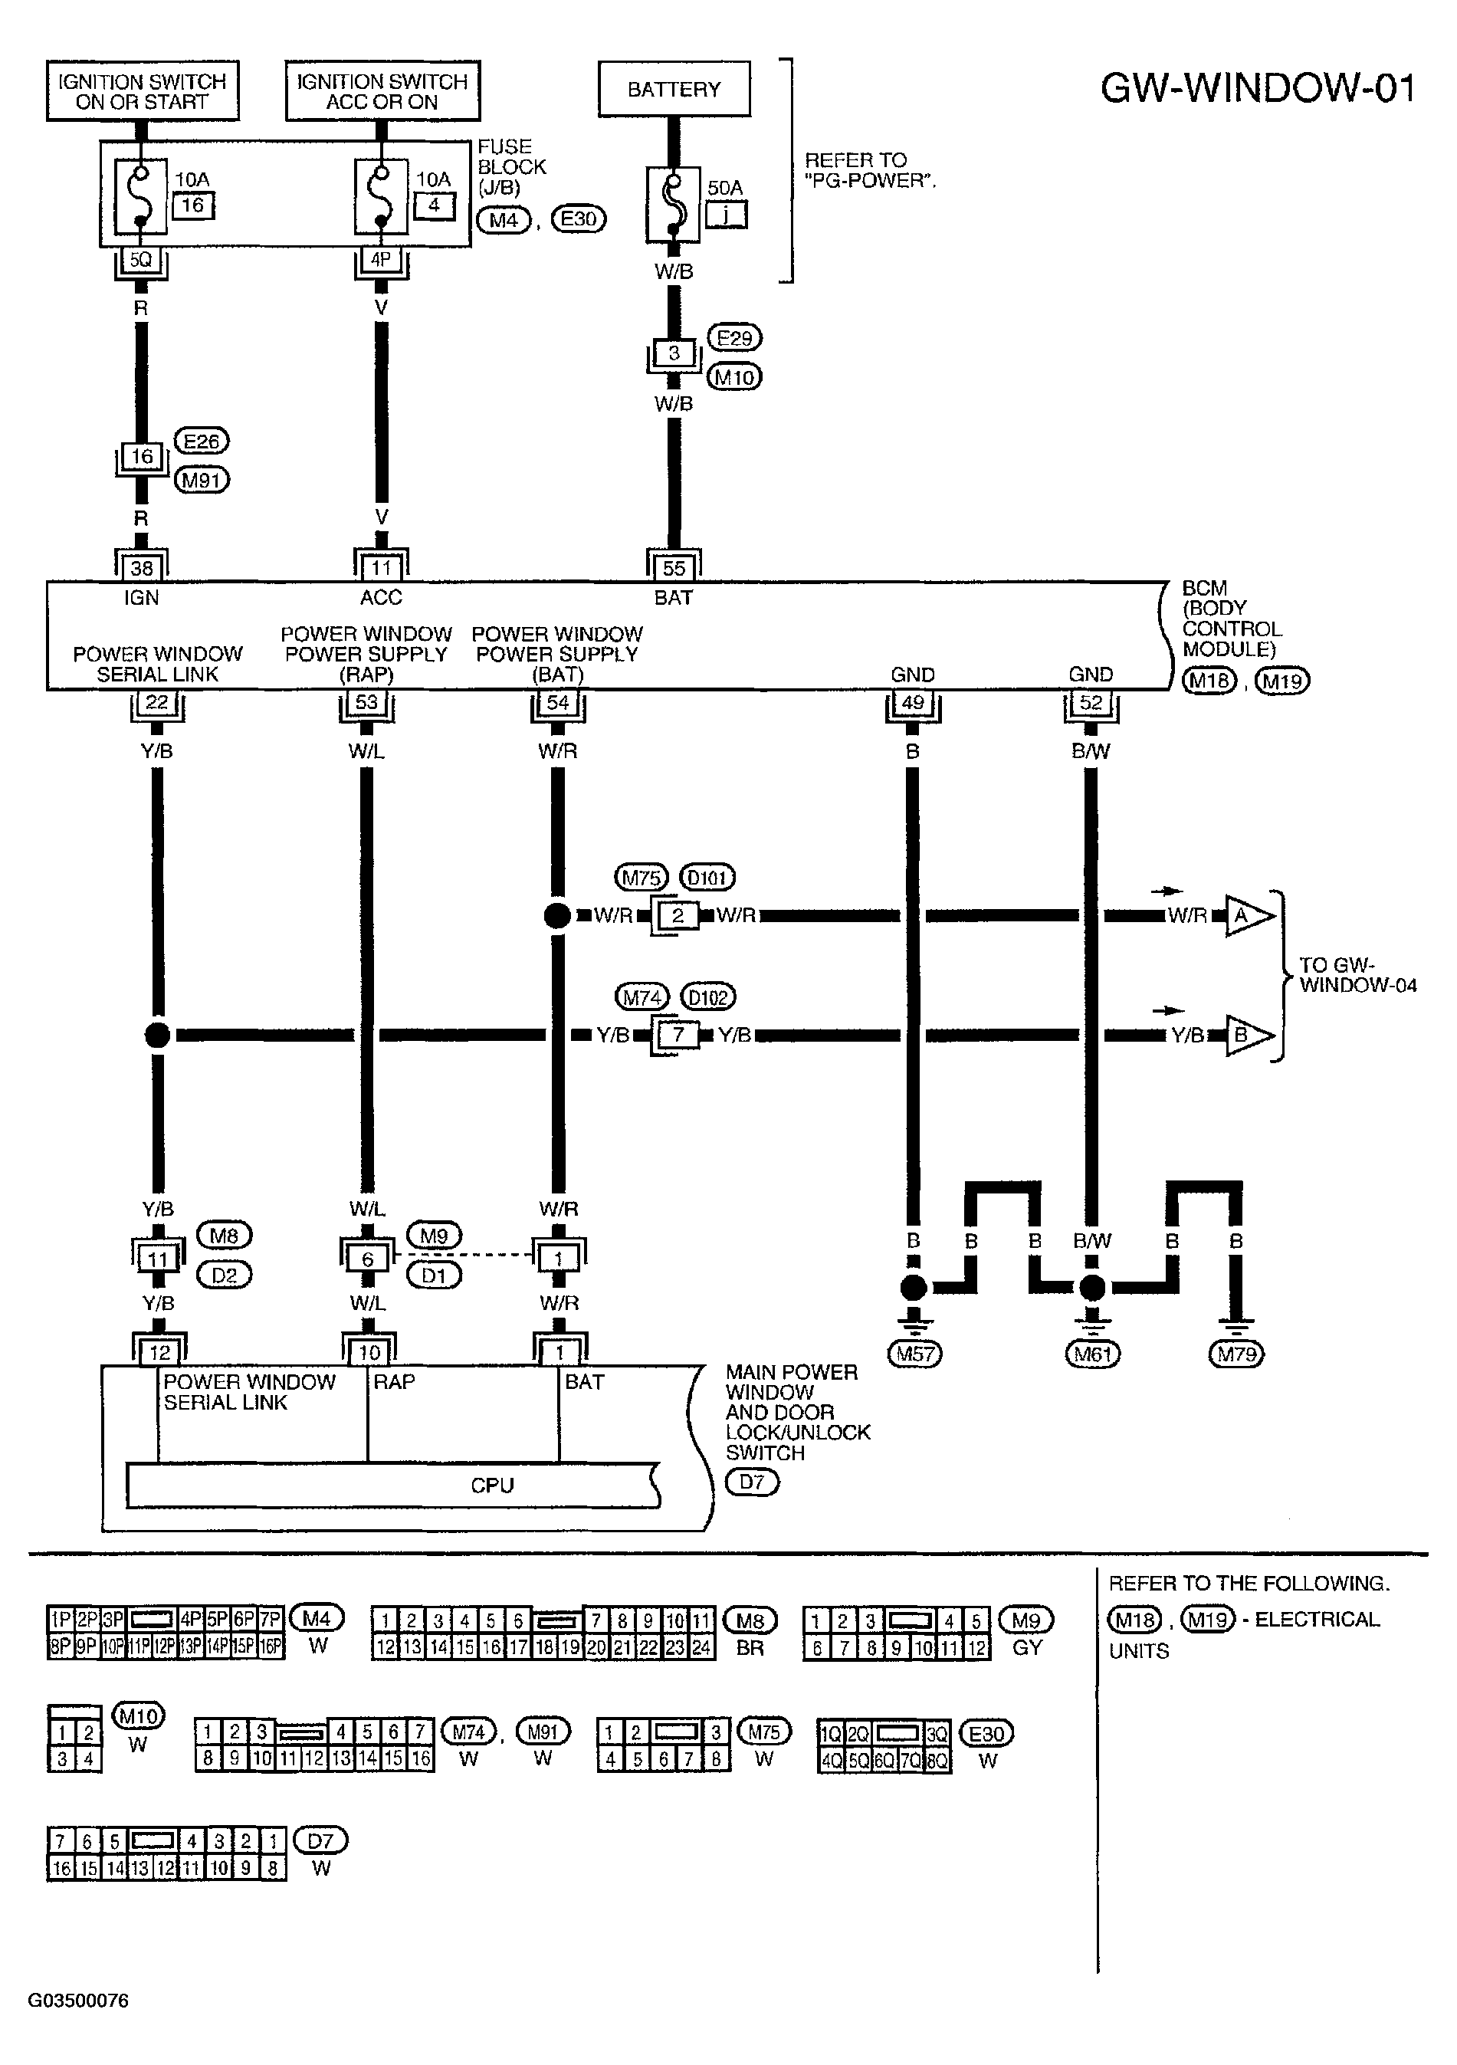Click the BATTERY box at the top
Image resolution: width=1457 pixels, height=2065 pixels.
(674, 89)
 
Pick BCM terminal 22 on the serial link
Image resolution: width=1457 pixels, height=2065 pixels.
(157, 702)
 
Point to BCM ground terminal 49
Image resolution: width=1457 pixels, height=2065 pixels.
(913, 702)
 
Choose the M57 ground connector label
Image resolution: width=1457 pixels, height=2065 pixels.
(914, 1354)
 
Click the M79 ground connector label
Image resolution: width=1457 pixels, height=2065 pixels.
(1237, 1354)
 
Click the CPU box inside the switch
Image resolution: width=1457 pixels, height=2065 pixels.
(393, 1485)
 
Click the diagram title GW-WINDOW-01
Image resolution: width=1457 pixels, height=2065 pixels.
(1258, 88)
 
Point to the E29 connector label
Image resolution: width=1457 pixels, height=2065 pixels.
(735, 338)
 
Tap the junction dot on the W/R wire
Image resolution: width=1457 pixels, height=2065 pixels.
(558, 915)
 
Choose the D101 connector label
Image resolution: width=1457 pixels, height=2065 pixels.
(707, 877)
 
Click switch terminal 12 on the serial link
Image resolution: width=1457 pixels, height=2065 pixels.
(159, 1353)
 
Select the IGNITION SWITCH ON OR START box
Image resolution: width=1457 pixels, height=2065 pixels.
(143, 91)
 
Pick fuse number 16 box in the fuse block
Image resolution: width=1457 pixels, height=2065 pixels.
(193, 205)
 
